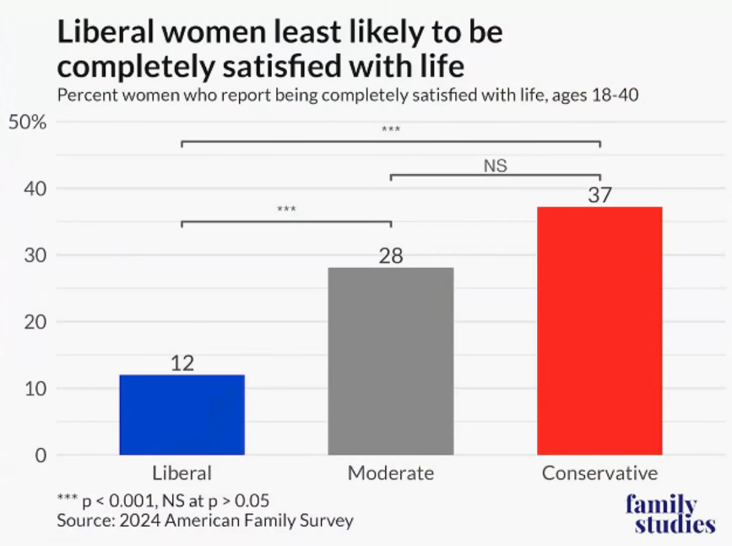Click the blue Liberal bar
182,415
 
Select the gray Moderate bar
391,362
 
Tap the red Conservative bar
600,331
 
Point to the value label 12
182,363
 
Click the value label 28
391,256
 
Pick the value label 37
600,195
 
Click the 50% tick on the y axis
28,123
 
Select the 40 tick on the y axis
35,188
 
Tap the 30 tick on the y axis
35,256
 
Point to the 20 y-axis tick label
35,322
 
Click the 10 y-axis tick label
35,389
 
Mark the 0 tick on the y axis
41,456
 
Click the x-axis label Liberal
182,473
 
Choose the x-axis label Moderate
391,473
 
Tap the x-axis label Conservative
600,473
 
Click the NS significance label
496,166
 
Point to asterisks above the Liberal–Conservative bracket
391,128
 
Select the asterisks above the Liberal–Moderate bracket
286,209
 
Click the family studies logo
670,514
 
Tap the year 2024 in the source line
139,521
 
